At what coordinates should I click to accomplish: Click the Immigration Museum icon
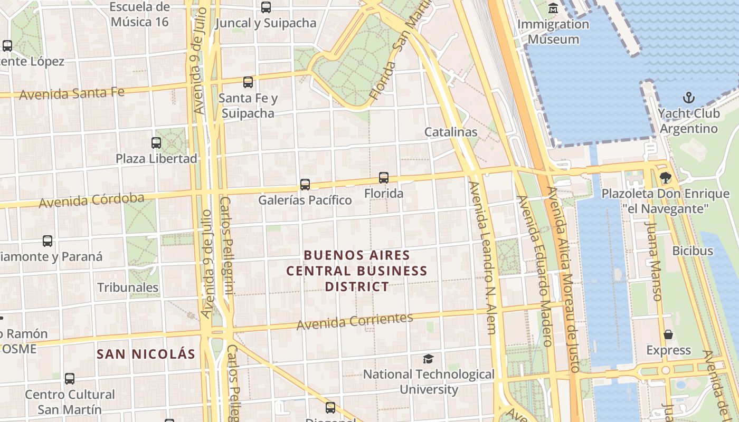553,8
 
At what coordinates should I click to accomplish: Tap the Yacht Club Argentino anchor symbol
688,98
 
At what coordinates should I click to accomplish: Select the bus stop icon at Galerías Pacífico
305,185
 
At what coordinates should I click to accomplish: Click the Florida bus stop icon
384,178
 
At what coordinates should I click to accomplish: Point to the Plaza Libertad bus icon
156,142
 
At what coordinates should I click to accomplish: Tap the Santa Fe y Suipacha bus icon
248,82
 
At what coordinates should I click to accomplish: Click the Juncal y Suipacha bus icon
266,7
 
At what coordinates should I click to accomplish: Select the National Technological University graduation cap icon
428,359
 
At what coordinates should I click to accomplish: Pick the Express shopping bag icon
668,334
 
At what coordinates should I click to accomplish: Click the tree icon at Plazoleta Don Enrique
665,178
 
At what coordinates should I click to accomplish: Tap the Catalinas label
451,132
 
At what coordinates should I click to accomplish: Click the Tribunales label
128,287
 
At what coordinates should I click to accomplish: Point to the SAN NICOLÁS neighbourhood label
146,354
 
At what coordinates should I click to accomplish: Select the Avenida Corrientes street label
355,321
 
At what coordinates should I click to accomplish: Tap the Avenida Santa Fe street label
72,94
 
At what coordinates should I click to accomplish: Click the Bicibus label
693,251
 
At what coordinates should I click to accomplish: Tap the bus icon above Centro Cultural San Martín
70,378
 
